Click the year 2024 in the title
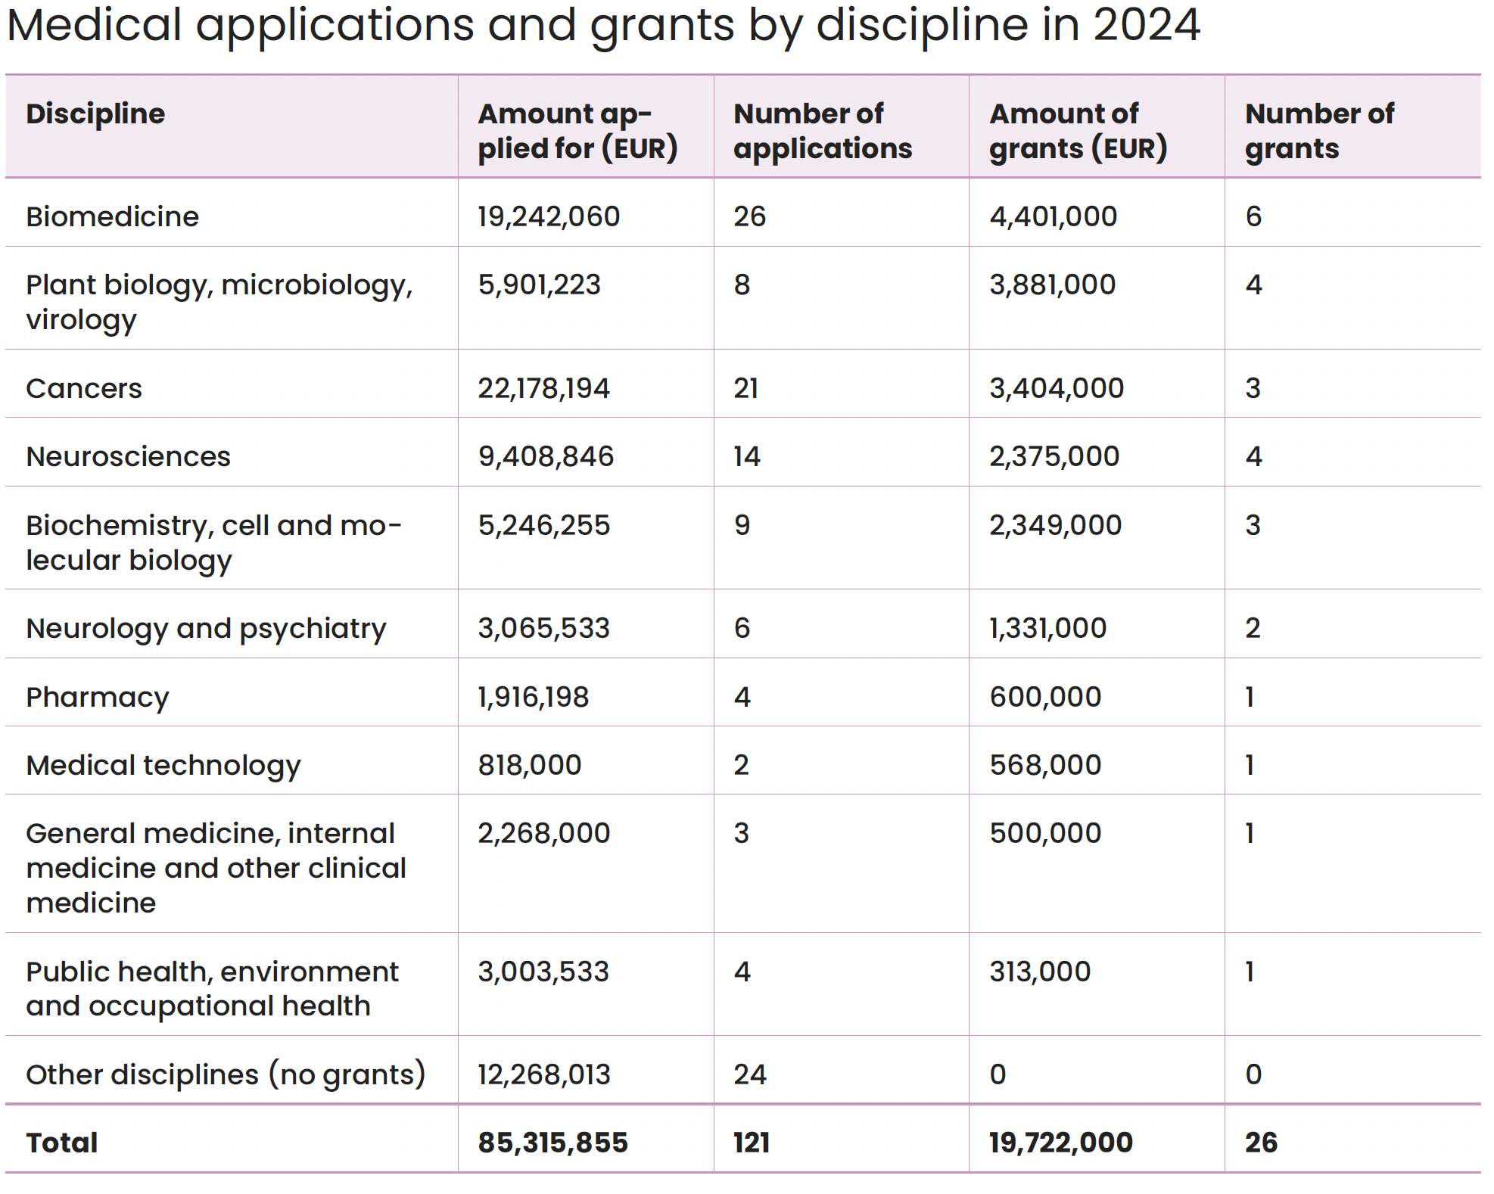1147,24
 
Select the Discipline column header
95,113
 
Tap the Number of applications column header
823,131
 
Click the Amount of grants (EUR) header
1078,131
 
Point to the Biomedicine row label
112,216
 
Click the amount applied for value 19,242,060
549,217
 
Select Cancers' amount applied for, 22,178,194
543,389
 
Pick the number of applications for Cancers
745,388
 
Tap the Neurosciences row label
128,456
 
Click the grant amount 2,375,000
1054,457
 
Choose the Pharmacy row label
98,698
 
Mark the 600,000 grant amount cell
1045,697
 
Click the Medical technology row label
163,766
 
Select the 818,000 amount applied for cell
530,765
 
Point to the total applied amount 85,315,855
552,1143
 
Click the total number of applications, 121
752,1143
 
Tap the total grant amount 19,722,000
1061,1143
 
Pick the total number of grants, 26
1261,1143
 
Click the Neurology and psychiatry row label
206,629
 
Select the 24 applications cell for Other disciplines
750,1074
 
